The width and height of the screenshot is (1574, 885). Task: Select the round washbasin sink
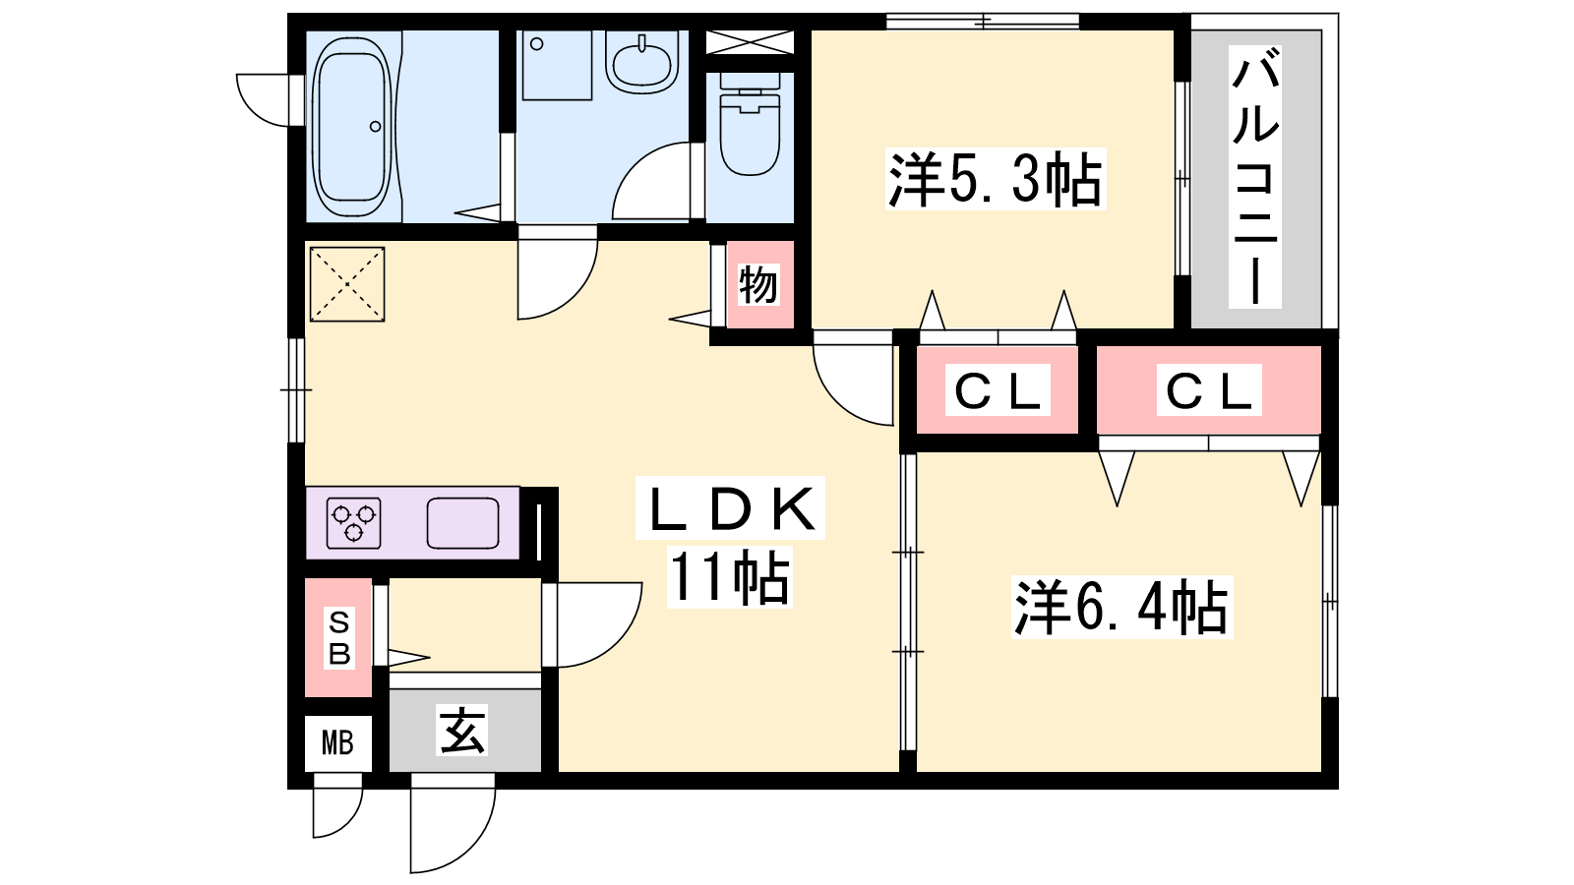(x=641, y=61)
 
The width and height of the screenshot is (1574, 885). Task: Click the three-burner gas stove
(x=353, y=522)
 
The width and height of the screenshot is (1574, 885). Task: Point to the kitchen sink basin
(x=462, y=522)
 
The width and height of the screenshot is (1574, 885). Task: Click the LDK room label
(x=731, y=508)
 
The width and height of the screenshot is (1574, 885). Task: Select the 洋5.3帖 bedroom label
(x=995, y=179)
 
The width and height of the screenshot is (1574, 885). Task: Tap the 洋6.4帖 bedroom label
(x=1120, y=608)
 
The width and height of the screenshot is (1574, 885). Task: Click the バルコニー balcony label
(x=1255, y=177)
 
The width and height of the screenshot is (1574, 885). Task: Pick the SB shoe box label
(x=338, y=637)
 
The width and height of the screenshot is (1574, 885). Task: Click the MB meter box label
(x=337, y=742)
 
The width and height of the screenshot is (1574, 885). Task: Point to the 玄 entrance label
(x=462, y=731)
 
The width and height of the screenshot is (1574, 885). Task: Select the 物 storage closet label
(x=758, y=284)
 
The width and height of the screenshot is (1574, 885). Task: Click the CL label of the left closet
(x=998, y=391)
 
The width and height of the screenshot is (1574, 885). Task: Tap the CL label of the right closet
(x=1208, y=391)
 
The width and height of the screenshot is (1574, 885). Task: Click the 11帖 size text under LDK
(x=729, y=578)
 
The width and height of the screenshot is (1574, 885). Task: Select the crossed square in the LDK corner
(x=346, y=284)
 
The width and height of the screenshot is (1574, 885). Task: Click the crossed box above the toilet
(x=750, y=42)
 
